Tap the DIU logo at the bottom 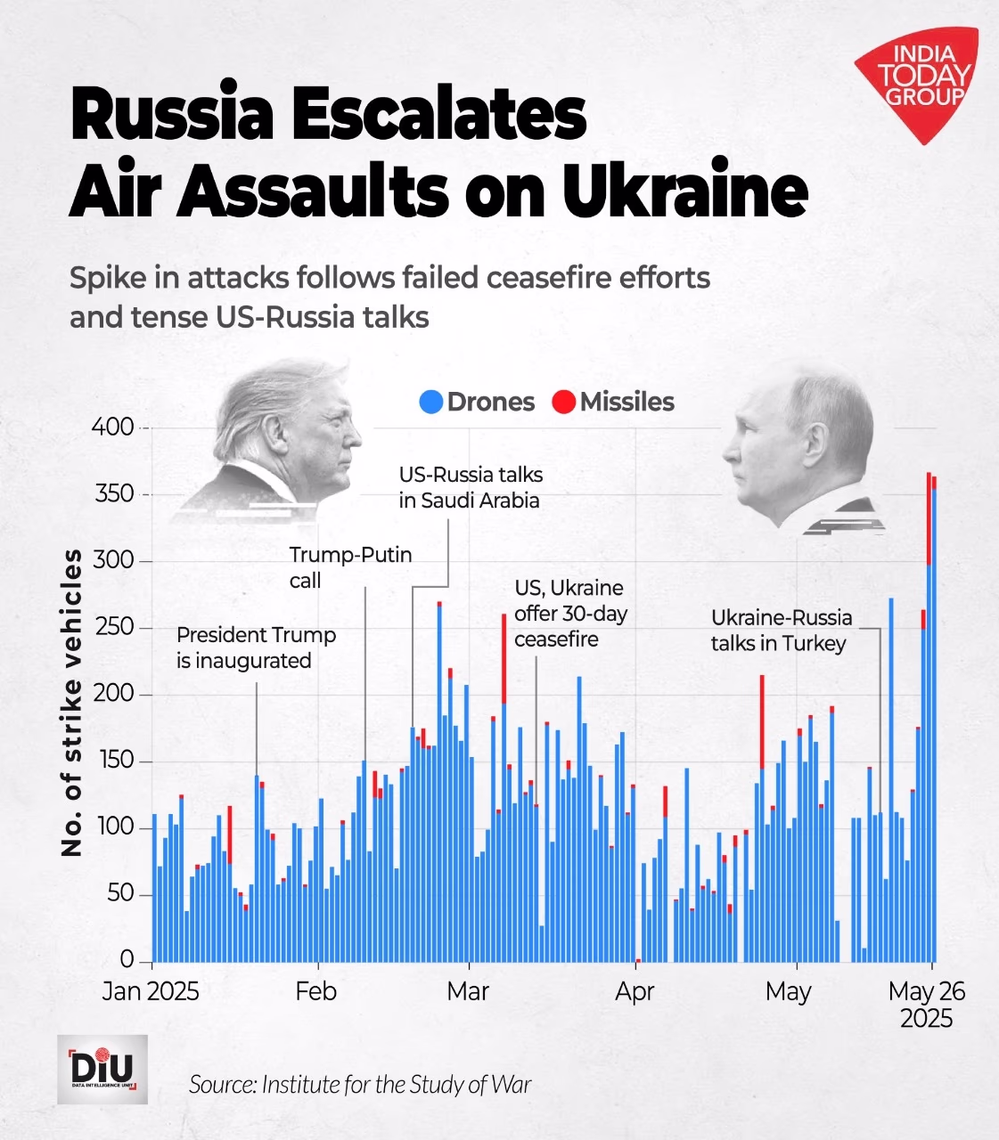[x=102, y=1069]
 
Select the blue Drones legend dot [x=431, y=403]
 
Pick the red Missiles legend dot [x=564, y=403]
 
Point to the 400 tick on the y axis [x=113, y=427]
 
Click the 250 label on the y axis [x=113, y=628]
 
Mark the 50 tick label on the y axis [x=119, y=894]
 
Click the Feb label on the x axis [x=316, y=991]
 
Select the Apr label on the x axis [x=635, y=991]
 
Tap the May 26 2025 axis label [x=927, y=1005]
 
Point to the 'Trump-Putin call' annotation [x=350, y=567]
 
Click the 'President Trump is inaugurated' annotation [x=256, y=647]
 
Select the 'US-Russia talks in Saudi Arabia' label [x=470, y=487]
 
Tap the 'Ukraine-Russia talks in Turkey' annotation [x=781, y=631]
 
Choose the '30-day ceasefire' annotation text [x=570, y=626]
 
